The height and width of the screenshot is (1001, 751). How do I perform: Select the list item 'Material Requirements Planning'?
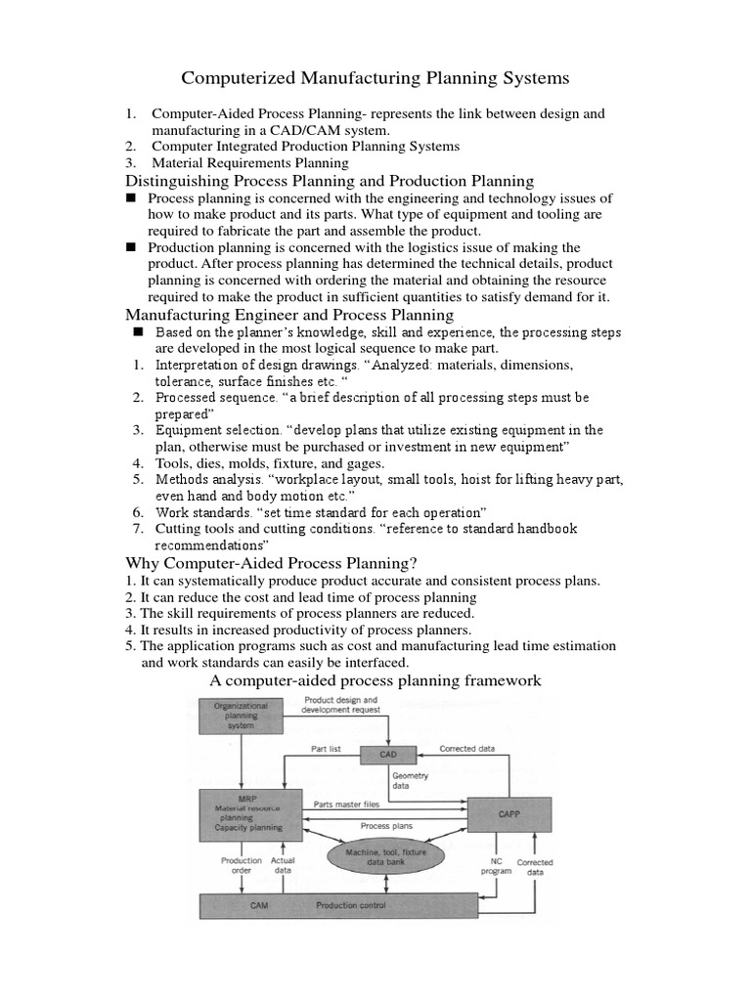click(249, 163)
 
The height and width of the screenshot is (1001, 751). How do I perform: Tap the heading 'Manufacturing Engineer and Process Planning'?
click(289, 315)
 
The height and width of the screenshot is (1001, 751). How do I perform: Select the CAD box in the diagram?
click(388, 755)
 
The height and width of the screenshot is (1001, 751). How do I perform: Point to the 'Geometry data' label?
click(411, 780)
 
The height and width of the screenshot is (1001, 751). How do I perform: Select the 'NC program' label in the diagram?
click(496, 867)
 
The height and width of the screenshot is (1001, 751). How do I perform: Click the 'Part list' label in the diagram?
click(326, 749)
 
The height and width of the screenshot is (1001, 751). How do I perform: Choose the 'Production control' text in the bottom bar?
click(350, 905)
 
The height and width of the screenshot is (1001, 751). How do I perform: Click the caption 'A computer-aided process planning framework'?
click(375, 680)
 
